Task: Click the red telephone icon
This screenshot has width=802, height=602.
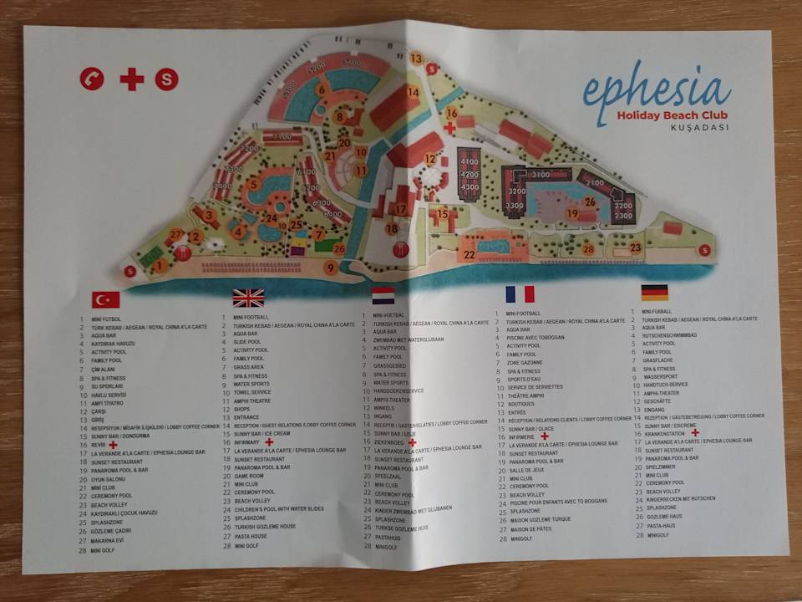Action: coord(92,79)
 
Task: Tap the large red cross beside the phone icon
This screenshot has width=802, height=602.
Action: coord(132,79)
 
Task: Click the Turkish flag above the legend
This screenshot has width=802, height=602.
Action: coord(105,299)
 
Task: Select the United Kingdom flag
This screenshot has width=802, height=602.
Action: coord(248,298)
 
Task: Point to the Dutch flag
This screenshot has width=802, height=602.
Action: coord(383,295)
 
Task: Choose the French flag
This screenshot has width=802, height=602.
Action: coord(519,293)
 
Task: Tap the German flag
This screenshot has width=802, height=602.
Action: coord(654,293)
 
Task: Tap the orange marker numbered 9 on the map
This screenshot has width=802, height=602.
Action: coord(332,268)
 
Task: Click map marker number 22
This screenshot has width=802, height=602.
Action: coord(470,255)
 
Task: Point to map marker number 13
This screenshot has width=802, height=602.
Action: coord(416,59)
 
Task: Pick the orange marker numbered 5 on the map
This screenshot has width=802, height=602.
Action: coord(253,184)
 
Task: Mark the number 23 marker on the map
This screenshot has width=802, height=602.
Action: coord(636,247)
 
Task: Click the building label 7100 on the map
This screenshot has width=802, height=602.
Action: coord(282,136)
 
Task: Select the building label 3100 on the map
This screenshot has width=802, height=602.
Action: coord(541,175)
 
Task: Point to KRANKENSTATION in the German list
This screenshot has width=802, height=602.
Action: coord(667,433)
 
